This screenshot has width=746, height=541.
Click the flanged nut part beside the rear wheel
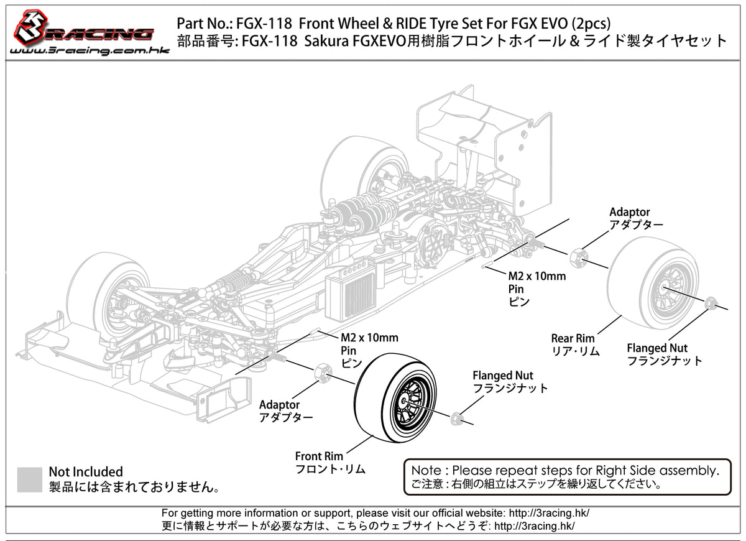pos(712,303)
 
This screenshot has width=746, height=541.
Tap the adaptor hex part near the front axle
pos(323,371)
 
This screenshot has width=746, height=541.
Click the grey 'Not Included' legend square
pos(30,479)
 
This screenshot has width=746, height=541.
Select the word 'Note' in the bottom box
pos(426,470)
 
